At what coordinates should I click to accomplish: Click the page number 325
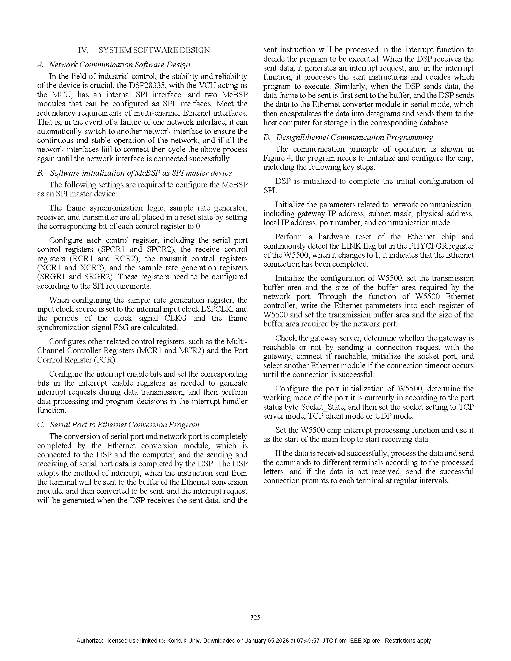point(255,617)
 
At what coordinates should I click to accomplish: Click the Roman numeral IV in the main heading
point(83,50)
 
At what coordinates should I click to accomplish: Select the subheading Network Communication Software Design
point(120,65)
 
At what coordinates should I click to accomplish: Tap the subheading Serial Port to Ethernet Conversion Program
point(124,425)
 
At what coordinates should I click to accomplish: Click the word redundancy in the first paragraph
point(57,113)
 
